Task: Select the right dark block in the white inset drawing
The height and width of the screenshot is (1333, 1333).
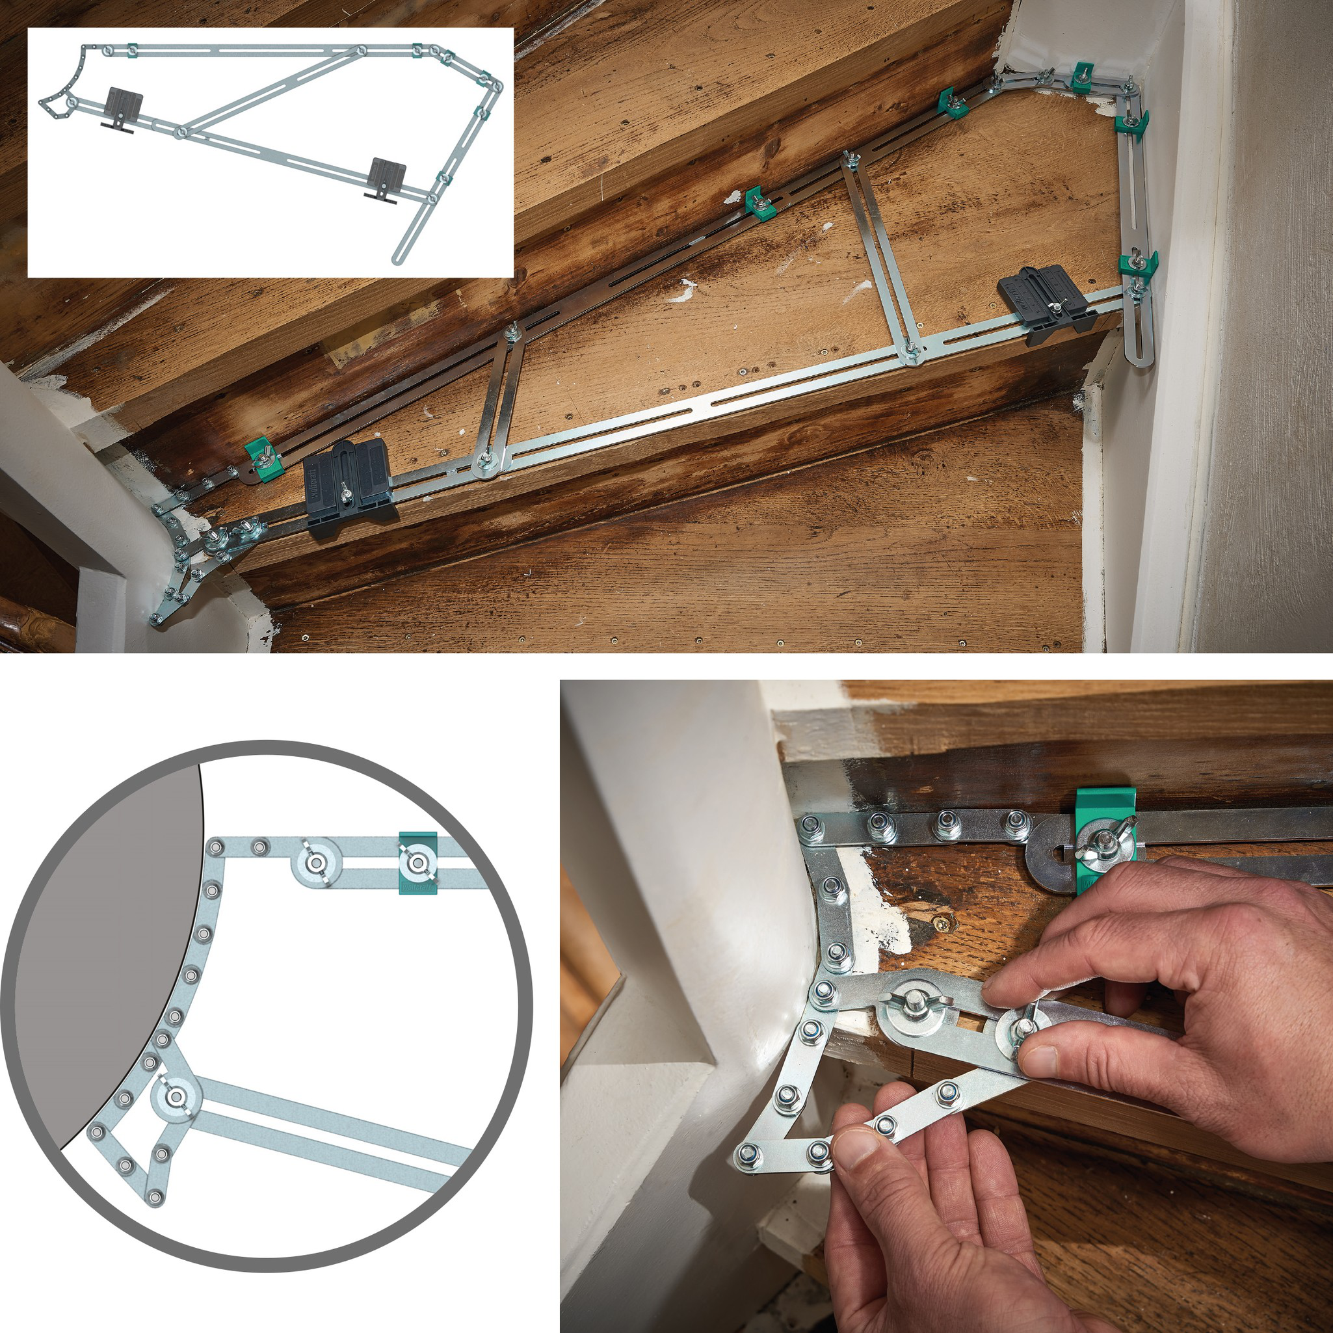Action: (387, 177)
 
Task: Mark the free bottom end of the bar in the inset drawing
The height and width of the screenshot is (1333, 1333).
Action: (397, 259)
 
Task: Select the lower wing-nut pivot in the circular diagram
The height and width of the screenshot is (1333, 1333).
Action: (176, 1096)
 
